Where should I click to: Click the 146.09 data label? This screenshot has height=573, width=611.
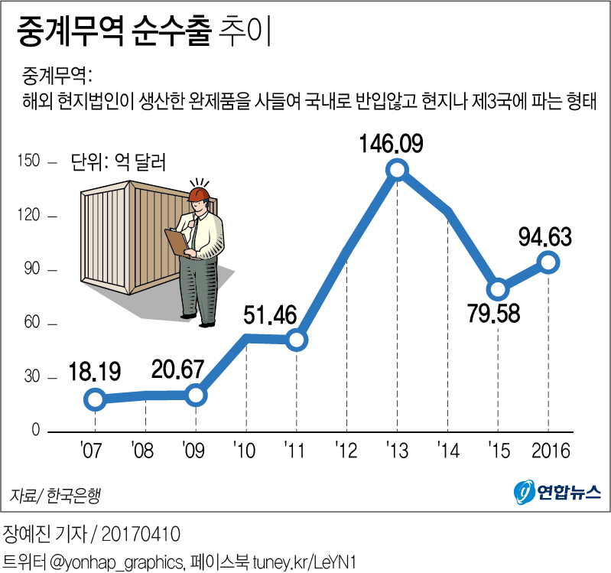point(395,144)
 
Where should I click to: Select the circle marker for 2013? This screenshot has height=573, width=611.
point(397,170)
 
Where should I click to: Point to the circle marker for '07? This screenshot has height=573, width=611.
point(95,399)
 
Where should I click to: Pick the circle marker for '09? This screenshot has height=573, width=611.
point(196,395)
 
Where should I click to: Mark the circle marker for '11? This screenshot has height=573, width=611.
point(297,340)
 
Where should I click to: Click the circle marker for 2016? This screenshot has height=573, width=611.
point(548,262)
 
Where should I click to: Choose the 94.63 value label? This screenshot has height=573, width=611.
point(545,237)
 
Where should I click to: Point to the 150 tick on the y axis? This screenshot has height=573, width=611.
point(31,162)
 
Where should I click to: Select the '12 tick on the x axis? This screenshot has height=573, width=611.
point(346,449)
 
